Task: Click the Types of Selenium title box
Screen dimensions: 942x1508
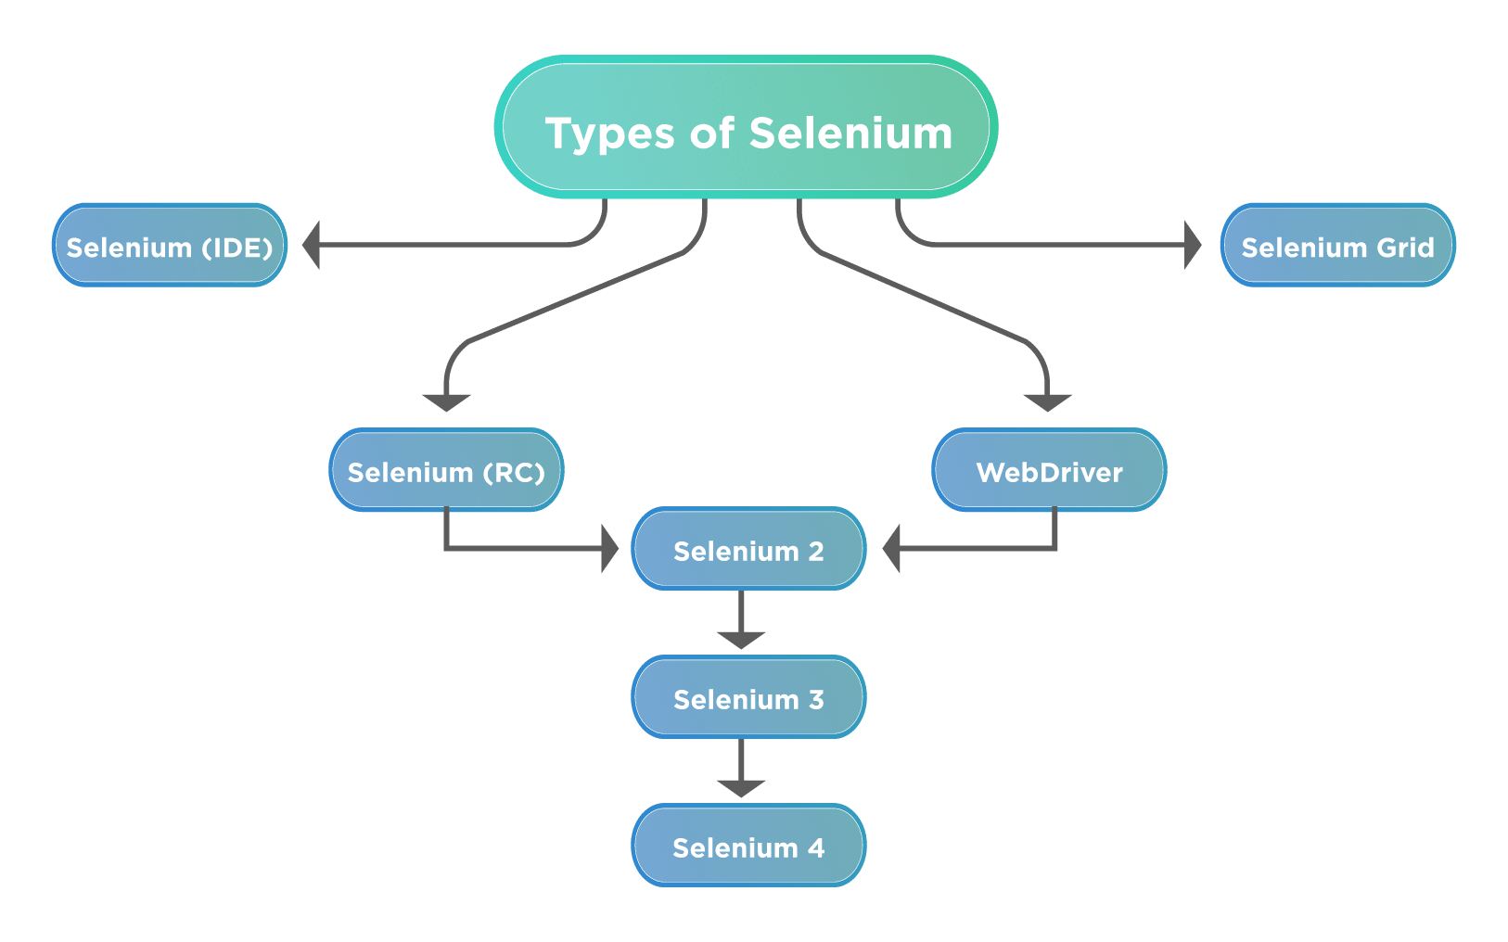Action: click(x=747, y=127)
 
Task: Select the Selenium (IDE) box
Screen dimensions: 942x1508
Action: click(x=170, y=246)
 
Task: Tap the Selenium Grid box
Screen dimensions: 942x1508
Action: click(x=1337, y=246)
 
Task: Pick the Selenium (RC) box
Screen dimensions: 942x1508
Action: click(x=446, y=471)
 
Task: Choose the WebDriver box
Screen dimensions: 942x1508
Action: click(x=1049, y=471)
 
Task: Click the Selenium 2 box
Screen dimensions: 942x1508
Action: click(x=748, y=550)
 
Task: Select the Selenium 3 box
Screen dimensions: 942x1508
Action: click(x=748, y=698)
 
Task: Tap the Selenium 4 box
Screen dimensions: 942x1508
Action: click(x=748, y=847)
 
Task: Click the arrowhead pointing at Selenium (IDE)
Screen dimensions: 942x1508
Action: click(x=313, y=246)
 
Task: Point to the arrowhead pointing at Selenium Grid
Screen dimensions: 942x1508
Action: click(x=1193, y=246)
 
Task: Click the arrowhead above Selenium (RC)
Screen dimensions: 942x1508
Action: click(x=447, y=401)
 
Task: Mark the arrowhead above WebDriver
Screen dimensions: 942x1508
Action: click(x=1048, y=401)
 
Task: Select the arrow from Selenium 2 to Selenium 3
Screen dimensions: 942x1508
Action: click(x=741, y=622)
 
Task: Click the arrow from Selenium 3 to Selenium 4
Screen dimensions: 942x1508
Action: click(x=741, y=770)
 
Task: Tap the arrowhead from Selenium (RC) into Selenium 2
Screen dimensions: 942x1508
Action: click(x=609, y=549)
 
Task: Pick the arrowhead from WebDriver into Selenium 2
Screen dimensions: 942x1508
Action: click(x=892, y=549)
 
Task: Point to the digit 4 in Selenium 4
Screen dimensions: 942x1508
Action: click(x=816, y=847)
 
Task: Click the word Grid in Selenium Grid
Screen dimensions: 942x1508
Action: click(x=1405, y=248)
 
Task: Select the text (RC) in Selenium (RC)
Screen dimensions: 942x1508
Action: click(x=514, y=473)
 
